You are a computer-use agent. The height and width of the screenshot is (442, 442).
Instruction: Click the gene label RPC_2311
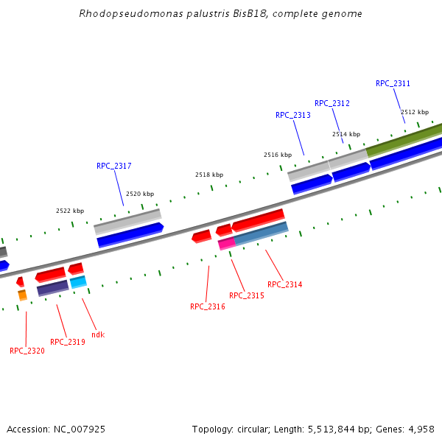click(393, 84)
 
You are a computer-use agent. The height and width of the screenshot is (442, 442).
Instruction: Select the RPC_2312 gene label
click(331, 103)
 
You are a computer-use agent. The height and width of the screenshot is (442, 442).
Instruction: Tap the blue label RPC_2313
click(292, 116)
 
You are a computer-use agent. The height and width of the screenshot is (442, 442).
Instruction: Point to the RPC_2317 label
click(113, 166)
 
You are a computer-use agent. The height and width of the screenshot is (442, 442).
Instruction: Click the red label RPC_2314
click(284, 284)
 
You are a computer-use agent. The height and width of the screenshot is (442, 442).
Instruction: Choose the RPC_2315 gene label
click(246, 295)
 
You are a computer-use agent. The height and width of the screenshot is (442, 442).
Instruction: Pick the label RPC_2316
click(207, 306)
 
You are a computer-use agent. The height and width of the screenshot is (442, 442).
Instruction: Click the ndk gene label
click(98, 334)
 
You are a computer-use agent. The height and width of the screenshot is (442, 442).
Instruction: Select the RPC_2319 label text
click(68, 342)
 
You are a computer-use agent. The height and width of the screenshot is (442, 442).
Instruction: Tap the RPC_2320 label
click(27, 351)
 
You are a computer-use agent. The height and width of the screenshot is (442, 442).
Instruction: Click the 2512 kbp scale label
click(415, 113)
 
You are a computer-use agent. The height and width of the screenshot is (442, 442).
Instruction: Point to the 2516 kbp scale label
click(278, 155)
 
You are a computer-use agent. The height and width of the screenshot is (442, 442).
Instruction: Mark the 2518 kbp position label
click(208, 175)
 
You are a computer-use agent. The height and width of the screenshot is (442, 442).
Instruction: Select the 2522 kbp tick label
click(70, 211)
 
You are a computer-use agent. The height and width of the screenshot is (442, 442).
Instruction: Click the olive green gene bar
click(404, 139)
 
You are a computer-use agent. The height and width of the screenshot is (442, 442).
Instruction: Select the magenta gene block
click(227, 243)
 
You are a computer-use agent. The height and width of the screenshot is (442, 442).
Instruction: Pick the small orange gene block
click(23, 295)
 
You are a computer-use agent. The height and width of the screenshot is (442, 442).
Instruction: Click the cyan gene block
click(78, 281)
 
